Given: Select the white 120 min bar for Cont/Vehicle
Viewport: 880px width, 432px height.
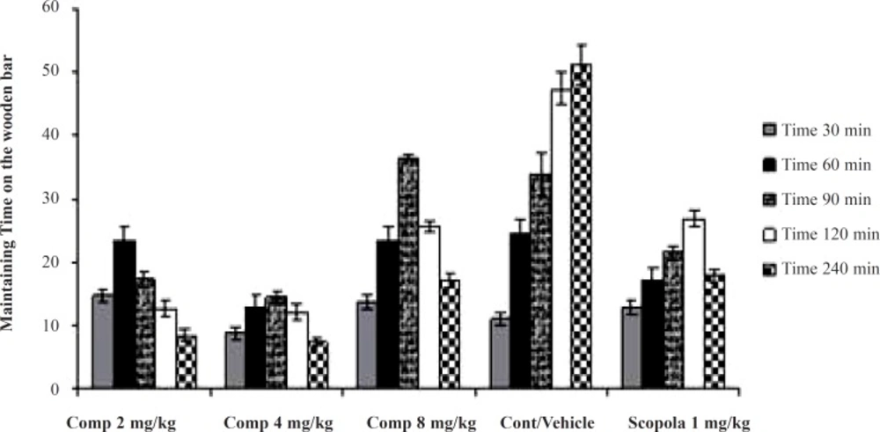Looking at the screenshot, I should (x=560, y=238).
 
